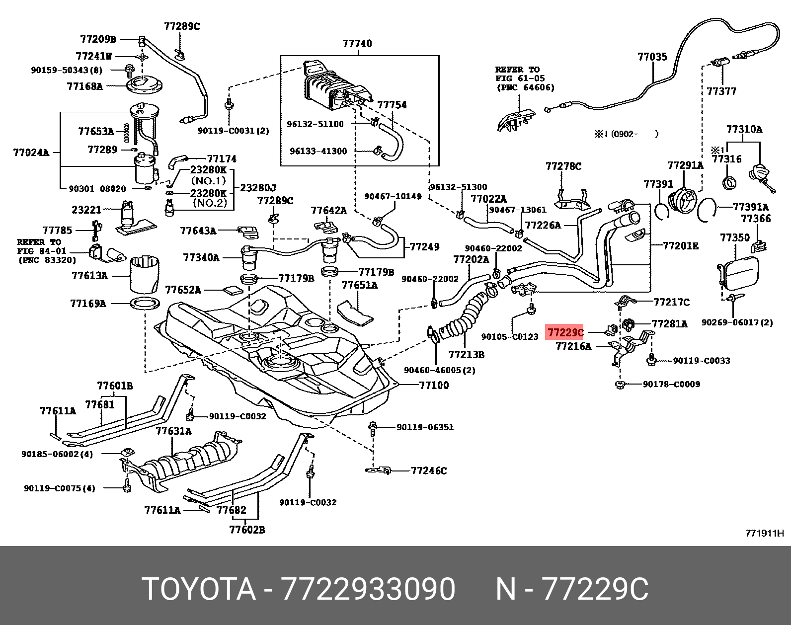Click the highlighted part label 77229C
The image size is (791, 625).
point(565,332)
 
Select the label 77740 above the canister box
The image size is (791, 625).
point(357,44)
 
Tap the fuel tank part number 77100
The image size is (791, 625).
point(434,385)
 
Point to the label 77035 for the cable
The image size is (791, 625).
point(652,57)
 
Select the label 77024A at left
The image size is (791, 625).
point(31,153)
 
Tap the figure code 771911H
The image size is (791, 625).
point(764,534)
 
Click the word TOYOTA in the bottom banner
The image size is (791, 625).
point(198,589)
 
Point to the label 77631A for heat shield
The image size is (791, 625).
point(173,431)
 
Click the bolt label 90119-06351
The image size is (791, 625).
point(425,427)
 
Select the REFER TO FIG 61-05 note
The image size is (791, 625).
point(524,78)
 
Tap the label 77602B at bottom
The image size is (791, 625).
point(247,530)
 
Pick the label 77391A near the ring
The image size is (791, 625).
point(750,207)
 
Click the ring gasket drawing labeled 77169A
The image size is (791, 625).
point(145,303)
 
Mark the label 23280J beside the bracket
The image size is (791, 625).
point(258,188)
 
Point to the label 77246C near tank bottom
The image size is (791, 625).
point(428,470)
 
